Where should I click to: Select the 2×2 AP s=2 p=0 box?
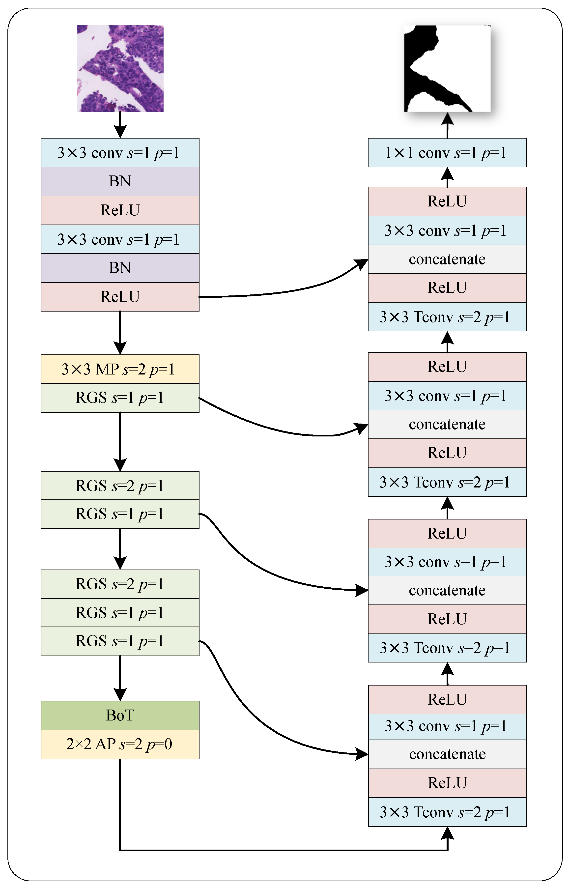pos(120,744)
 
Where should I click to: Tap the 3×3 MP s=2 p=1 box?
pos(120,369)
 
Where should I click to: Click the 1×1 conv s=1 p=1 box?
pos(447,152)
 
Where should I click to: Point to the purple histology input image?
pos(120,68)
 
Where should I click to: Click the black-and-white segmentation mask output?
pos(447,68)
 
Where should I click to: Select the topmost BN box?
pos(120,181)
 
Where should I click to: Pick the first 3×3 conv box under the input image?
pos(120,152)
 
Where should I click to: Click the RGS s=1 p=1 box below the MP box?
pos(120,398)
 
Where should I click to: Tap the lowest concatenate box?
pos(447,754)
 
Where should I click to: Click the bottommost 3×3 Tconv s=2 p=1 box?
pos(447,812)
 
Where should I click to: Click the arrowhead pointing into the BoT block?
pos(120,694)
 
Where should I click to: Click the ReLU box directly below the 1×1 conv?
pos(447,201)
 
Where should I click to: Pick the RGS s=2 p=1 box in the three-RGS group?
pos(120,584)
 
